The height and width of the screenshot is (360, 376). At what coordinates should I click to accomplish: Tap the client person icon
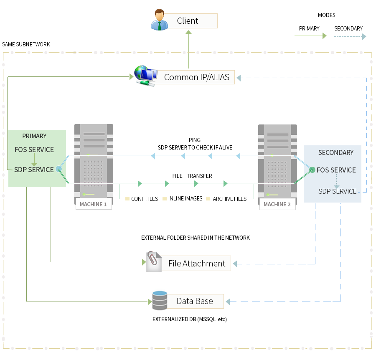tap(159, 20)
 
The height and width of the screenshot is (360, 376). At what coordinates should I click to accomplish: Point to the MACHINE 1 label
tap(93, 204)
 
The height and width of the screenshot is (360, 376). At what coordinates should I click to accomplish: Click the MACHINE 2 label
tap(277, 204)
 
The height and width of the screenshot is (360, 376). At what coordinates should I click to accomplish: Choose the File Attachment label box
tap(196, 264)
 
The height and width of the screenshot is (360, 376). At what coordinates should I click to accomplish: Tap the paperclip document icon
tap(153, 262)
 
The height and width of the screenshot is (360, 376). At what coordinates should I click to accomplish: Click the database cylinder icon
tap(159, 301)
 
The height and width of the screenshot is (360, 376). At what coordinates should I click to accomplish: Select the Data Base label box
tap(195, 301)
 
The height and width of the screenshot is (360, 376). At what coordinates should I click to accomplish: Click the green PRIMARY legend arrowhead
tap(324, 36)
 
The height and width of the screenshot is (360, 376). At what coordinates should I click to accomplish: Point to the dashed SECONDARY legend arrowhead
tap(364, 36)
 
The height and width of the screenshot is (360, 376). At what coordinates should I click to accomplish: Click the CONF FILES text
tap(145, 199)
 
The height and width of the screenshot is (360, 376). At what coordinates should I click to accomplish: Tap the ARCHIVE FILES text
tap(229, 199)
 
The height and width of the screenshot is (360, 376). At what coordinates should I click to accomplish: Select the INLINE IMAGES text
tap(185, 199)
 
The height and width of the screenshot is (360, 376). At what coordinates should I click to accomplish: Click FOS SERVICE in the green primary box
tap(34, 150)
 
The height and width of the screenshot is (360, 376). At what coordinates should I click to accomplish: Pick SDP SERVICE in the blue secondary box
tap(337, 191)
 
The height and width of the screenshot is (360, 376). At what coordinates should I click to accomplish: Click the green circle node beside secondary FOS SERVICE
tap(312, 170)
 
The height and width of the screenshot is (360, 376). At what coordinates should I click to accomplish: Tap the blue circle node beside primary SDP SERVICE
tap(59, 169)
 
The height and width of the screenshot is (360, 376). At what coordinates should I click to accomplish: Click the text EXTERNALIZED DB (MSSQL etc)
tap(189, 319)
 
